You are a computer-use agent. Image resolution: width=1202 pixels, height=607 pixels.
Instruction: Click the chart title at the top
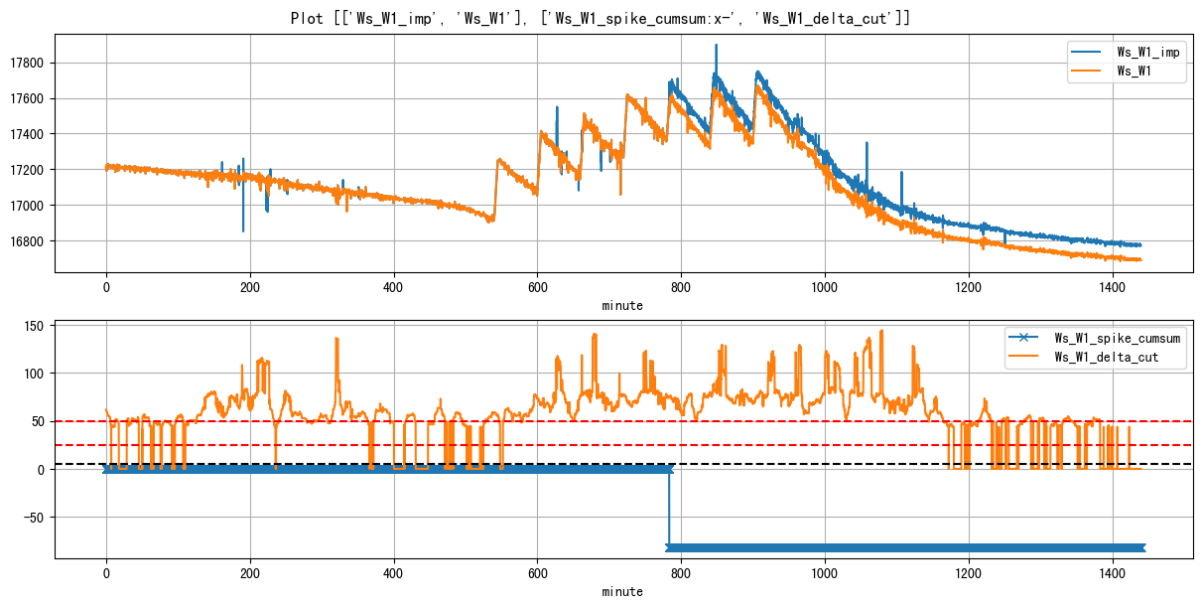click(x=601, y=18)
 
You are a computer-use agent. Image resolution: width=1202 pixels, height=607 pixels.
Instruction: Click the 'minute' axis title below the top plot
click(x=622, y=305)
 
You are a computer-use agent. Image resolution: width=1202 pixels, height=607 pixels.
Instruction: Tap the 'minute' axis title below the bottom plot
click(x=622, y=591)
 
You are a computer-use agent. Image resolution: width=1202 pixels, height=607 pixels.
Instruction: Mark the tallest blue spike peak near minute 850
click(x=716, y=46)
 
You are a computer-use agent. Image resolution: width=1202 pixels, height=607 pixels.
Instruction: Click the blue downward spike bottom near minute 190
click(x=243, y=230)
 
